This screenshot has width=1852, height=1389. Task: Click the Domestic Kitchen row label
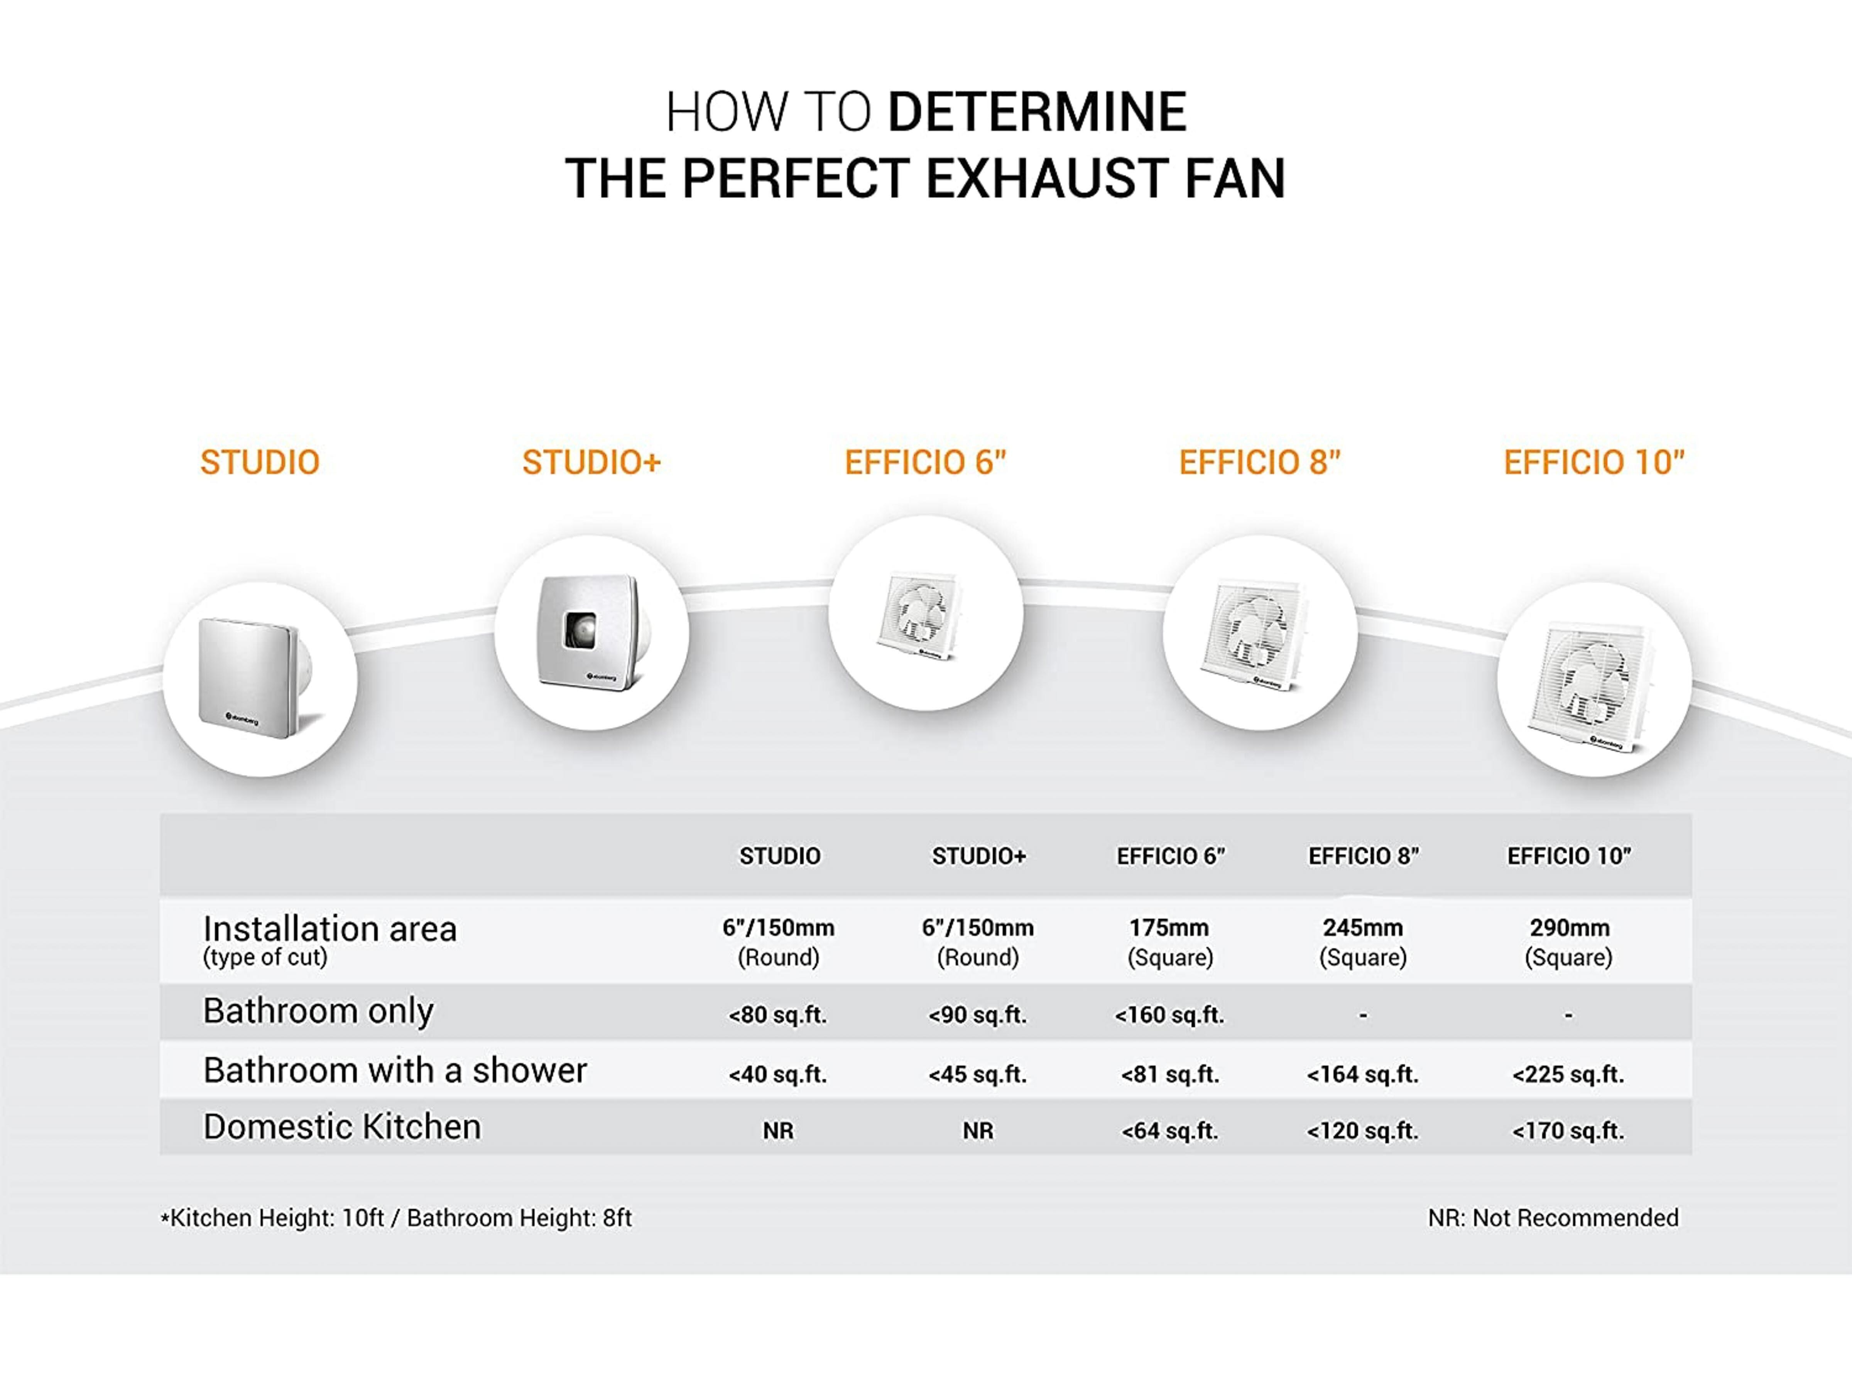pos(343,1127)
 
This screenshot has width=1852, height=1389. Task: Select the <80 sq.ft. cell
pos(778,1015)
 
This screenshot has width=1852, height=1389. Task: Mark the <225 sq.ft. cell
pos(1568,1074)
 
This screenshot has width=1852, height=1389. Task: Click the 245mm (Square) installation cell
pos(1363,942)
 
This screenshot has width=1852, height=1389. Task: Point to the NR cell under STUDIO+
pos(978,1131)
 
